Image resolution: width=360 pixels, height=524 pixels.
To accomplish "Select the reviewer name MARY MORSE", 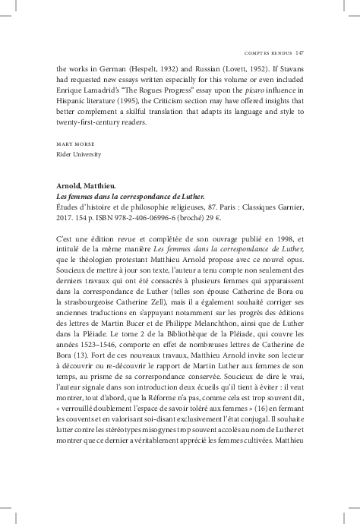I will [74, 144].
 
